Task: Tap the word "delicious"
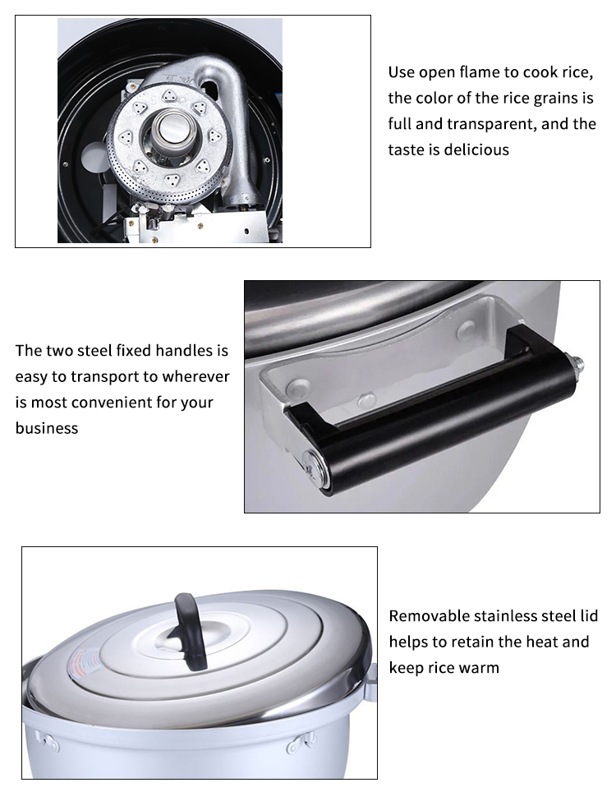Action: pyautogui.click(x=476, y=150)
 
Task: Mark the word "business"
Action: pyautogui.click(x=47, y=428)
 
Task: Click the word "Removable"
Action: pyautogui.click(x=429, y=616)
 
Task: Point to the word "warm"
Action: pyautogui.click(x=478, y=667)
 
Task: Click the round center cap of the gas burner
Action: pyautogui.click(x=171, y=129)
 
